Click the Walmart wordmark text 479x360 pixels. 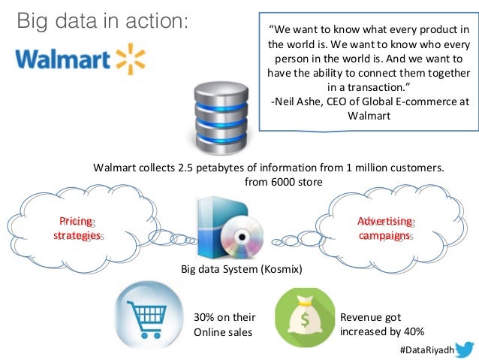65,59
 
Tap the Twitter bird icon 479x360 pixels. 462,349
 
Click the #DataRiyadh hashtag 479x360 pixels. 424,349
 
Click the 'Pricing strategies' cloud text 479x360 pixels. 77,228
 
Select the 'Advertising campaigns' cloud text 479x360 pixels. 384,228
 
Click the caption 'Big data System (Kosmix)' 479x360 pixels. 241,268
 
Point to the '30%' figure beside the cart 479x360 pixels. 206,317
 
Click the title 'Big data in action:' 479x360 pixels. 101,21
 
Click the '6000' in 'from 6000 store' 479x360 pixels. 282,182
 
